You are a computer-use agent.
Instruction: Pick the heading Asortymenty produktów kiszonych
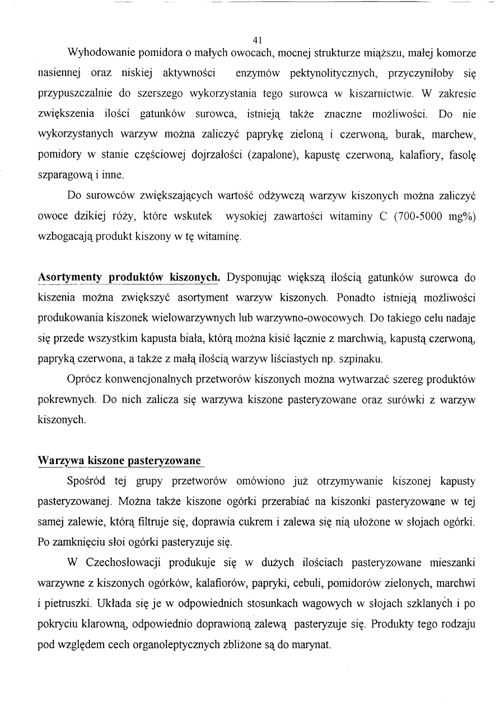(x=128, y=278)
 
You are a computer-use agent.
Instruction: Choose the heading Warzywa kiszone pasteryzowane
(x=119, y=461)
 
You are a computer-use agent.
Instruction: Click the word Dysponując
(x=253, y=278)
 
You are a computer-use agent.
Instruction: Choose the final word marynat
(x=314, y=644)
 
